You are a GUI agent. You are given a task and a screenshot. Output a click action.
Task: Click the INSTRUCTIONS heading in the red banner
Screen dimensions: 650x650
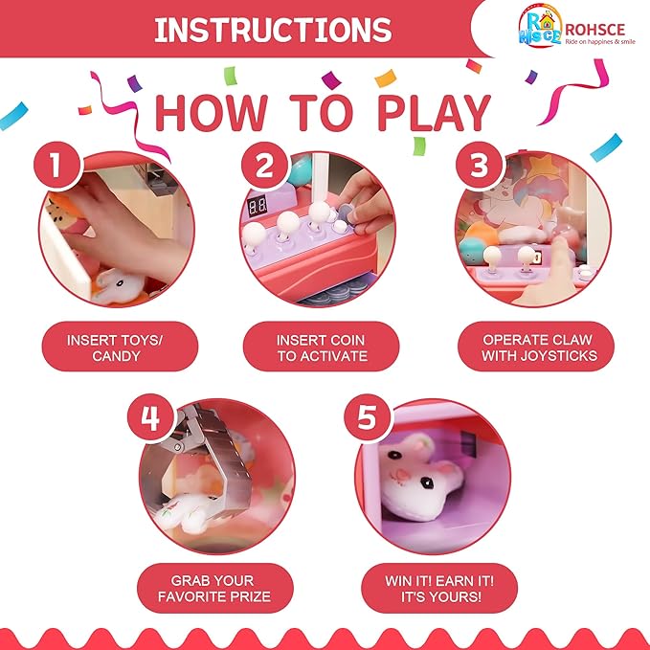click(273, 30)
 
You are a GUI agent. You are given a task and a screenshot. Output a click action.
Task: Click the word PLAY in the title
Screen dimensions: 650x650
click(434, 113)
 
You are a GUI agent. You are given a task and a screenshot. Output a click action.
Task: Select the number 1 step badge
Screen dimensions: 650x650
click(56, 165)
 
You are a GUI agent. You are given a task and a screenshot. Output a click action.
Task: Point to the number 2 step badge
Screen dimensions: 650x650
click(264, 165)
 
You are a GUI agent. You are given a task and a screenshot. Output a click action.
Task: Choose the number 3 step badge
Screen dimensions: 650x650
click(479, 165)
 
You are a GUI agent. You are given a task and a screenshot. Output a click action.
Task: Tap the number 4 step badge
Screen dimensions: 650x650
click(150, 417)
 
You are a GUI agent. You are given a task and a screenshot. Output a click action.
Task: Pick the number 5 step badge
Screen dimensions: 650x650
click(367, 417)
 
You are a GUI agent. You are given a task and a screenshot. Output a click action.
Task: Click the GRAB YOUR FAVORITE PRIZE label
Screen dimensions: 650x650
click(215, 588)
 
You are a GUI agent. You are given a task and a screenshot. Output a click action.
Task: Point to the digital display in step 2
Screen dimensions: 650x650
click(257, 206)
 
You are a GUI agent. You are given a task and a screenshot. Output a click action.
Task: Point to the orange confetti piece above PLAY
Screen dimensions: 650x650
click(386, 78)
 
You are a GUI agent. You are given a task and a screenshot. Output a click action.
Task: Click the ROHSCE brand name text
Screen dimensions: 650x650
click(594, 30)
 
